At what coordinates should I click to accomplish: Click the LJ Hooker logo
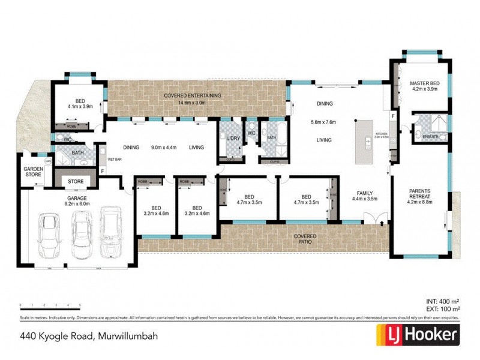click(x=418, y=334)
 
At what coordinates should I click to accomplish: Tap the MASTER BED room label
click(x=424, y=83)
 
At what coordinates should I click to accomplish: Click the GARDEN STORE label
click(x=33, y=172)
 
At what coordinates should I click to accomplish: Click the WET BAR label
click(x=114, y=160)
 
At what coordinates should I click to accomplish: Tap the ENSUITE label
click(x=430, y=137)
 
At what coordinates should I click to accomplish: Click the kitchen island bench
click(x=364, y=143)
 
